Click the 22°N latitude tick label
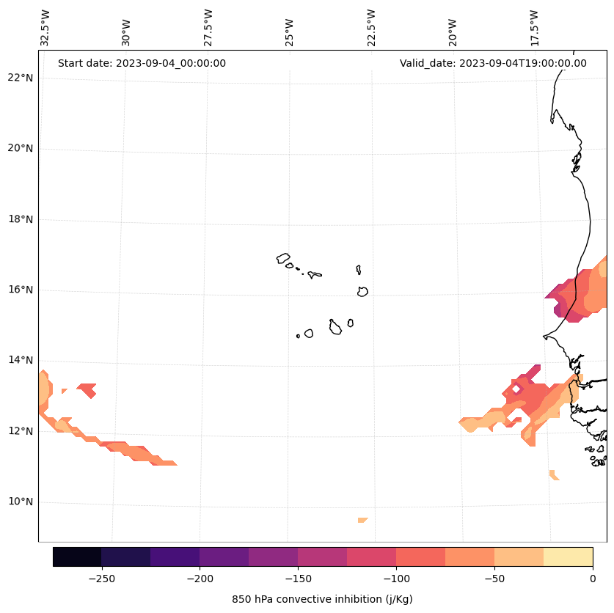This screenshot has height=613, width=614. [x=18, y=78]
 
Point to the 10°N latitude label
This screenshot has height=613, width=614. [x=18, y=502]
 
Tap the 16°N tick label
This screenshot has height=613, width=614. [x=18, y=290]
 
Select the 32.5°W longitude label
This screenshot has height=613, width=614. [x=45, y=28]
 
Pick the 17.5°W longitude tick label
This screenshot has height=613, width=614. [x=535, y=28]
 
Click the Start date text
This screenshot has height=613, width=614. [x=142, y=63]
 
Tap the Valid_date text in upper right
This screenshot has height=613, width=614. [x=493, y=63]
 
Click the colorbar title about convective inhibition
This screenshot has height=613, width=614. [x=322, y=599]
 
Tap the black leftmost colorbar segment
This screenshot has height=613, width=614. [x=77, y=557]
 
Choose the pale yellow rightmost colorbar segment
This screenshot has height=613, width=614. [x=568, y=557]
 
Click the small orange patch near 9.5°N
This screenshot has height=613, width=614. [x=362, y=520]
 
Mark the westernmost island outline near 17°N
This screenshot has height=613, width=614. [x=283, y=258]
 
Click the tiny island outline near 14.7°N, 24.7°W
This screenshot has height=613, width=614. [x=298, y=336]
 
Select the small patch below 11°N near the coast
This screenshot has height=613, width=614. [x=553, y=475]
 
